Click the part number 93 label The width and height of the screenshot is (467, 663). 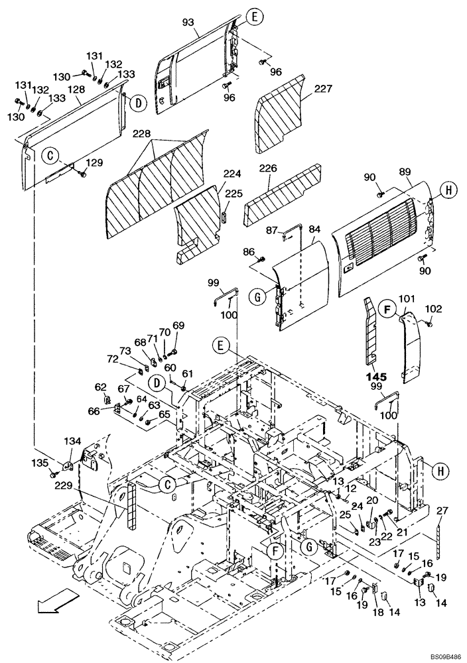pyautogui.click(x=188, y=23)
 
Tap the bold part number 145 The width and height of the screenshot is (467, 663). pyautogui.click(x=375, y=377)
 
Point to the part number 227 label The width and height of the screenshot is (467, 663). pyautogui.click(x=323, y=90)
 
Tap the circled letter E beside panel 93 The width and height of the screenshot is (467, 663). pyautogui.click(x=253, y=17)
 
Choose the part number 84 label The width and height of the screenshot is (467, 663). pyautogui.click(x=314, y=229)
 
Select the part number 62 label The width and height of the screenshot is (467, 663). pyautogui.click(x=100, y=386)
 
